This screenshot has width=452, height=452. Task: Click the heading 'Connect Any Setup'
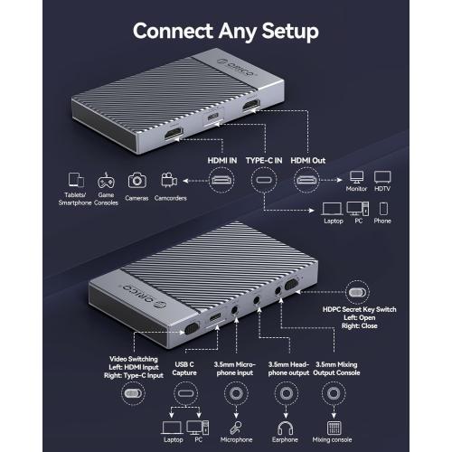tap(225, 31)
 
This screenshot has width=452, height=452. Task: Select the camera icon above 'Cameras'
tap(137, 180)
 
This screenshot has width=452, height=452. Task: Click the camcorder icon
tap(168, 180)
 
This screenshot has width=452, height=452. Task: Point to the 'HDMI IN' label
tap(222, 159)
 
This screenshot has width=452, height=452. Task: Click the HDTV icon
tap(382, 179)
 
